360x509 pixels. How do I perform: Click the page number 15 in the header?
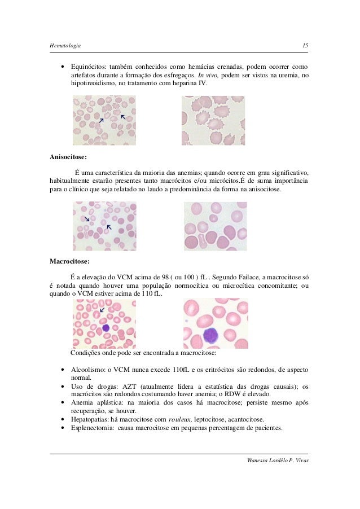point(304,45)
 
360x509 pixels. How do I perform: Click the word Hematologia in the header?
point(65,45)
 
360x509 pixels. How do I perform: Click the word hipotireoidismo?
point(97,83)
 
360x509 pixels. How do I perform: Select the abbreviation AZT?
point(130,387)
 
